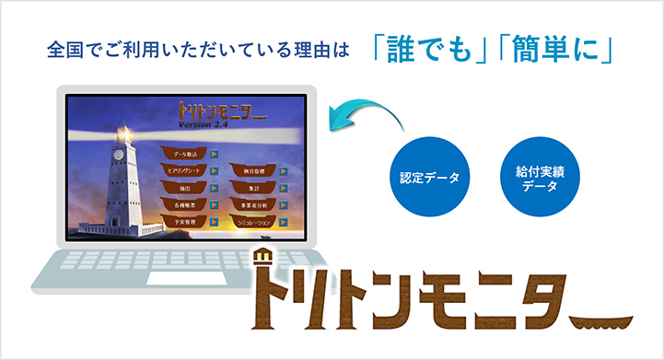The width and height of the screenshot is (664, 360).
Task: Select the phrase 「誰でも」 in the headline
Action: (430, 49)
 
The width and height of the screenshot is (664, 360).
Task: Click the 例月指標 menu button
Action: (255, 170)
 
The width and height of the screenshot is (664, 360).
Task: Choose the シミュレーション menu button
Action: (255, 222)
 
